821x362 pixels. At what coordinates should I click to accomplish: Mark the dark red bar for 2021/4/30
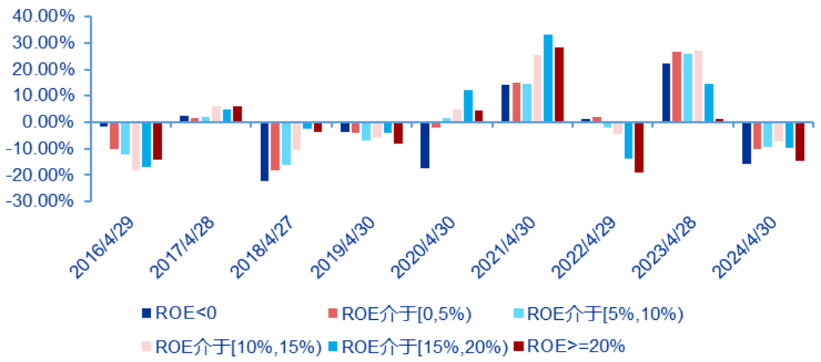[559, 84]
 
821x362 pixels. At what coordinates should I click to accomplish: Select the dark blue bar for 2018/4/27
[264, 151]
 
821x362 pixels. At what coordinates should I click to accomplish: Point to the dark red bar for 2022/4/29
[639, 147]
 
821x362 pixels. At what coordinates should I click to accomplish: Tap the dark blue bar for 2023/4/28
[666, 93]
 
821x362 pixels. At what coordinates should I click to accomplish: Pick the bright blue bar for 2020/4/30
[467, 106]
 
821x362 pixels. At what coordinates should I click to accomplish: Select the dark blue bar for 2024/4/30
[746, 143]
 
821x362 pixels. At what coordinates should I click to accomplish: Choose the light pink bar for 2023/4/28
[698, 86]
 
